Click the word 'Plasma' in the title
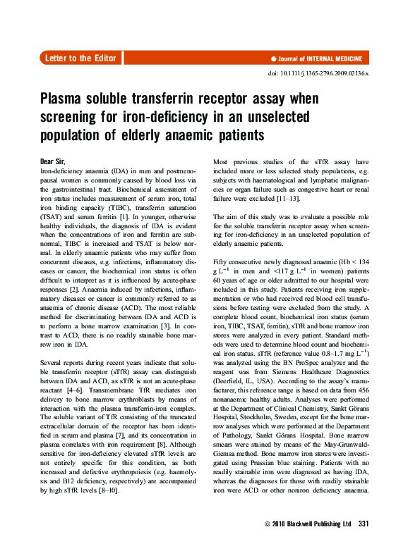[64, 100]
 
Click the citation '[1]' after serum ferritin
[141, 222]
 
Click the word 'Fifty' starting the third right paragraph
[220, 262]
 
